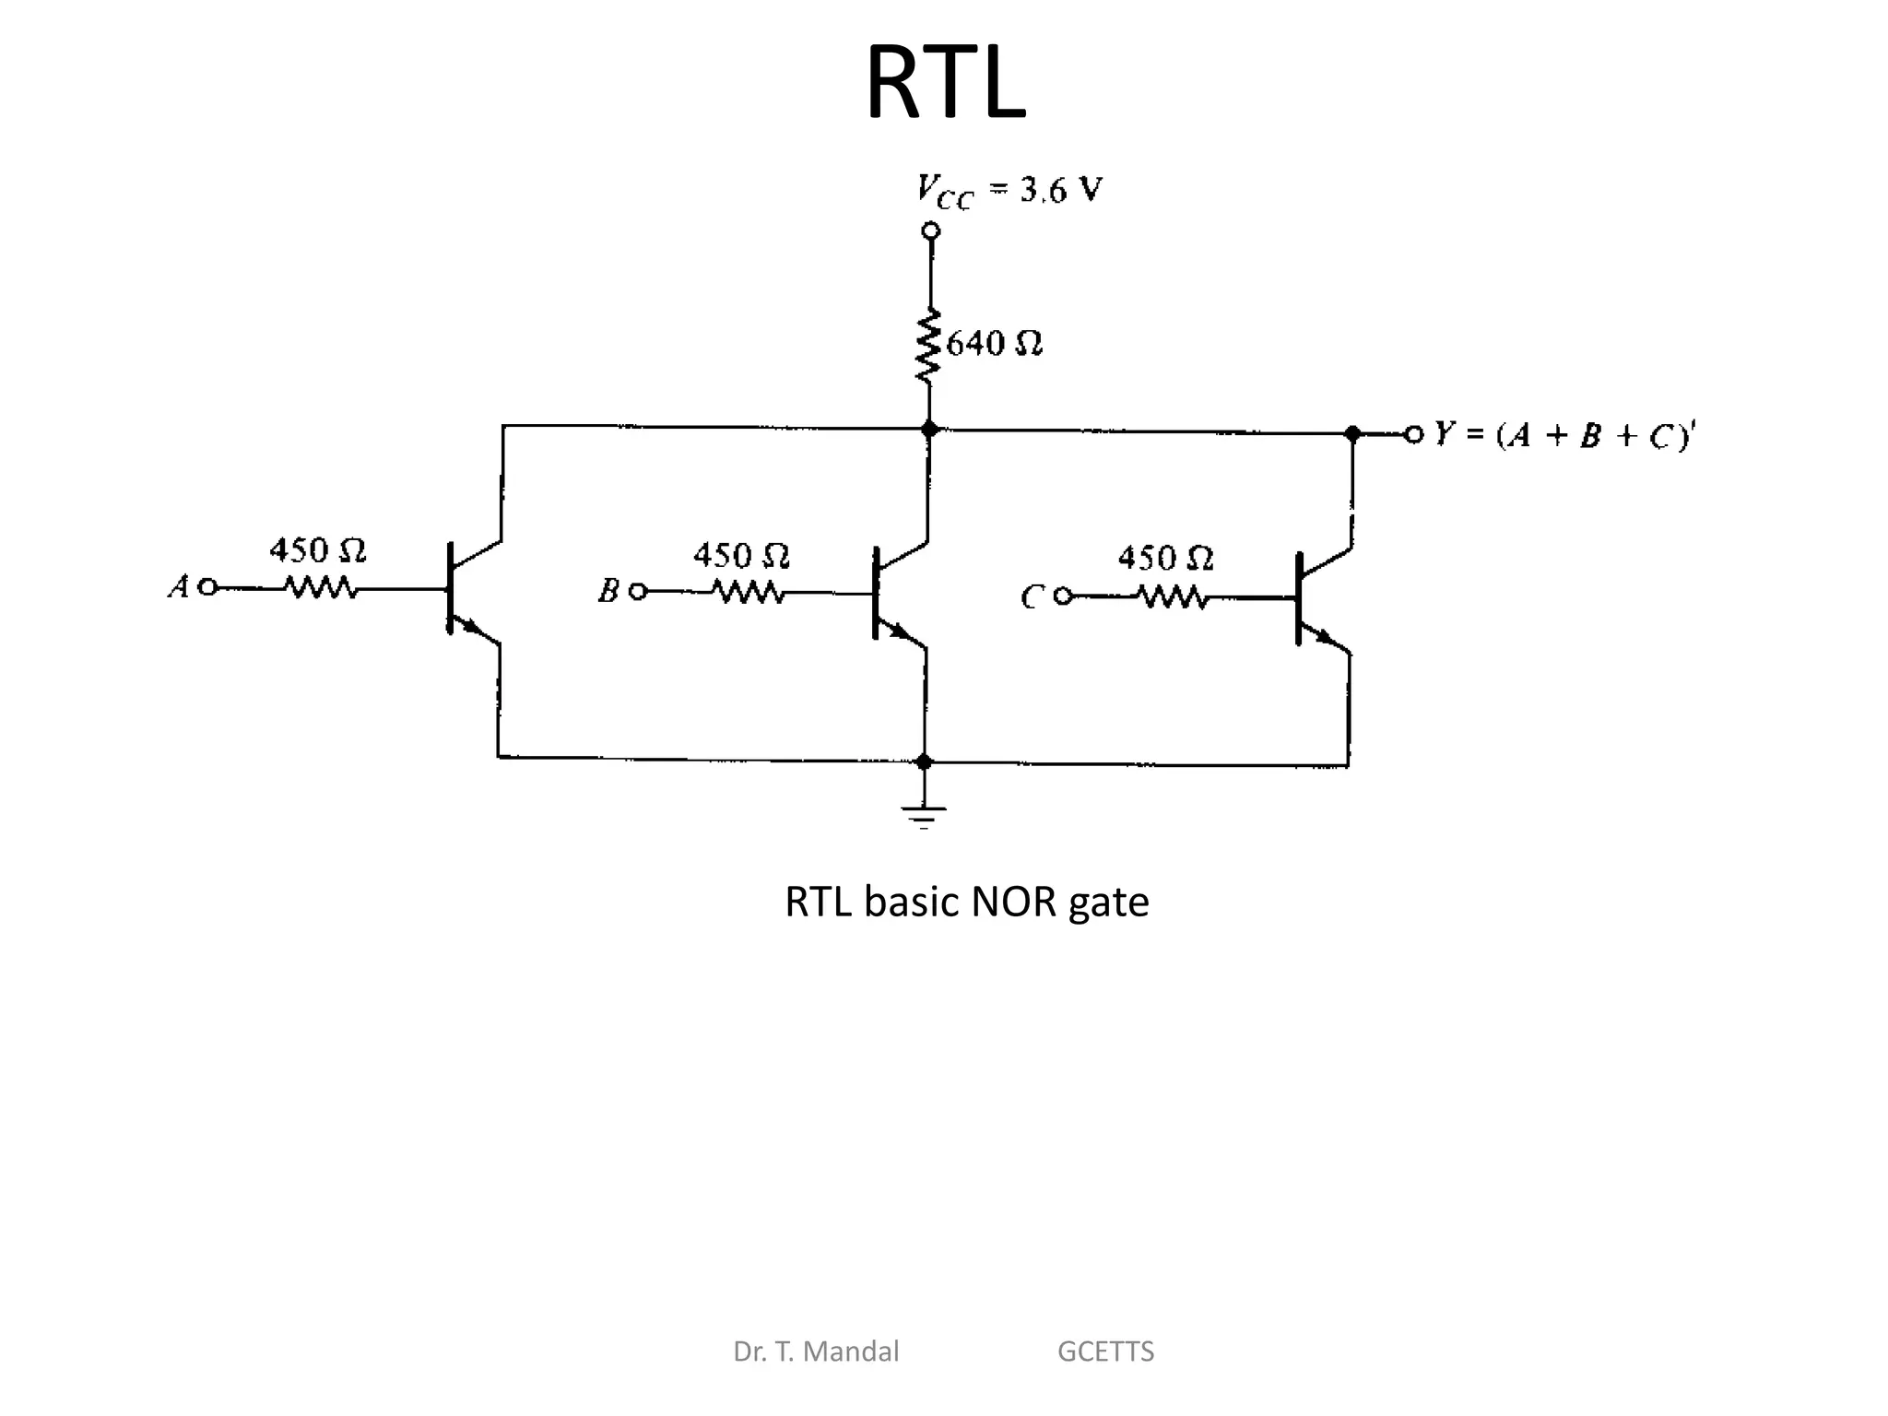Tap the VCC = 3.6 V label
(1009, 192)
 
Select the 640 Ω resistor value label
(995, 344)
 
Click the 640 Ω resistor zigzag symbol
(928, 346)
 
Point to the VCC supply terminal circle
(931, 229)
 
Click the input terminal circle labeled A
(208, 586)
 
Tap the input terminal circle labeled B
(637, 592)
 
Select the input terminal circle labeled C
(1062, 596)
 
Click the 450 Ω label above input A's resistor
(317, 551)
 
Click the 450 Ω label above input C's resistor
(1165, 558)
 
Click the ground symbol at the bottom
(924, 816)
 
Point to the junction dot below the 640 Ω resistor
(929, 429)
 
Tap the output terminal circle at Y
(1413, 433)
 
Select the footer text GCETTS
(1105, 1351)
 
